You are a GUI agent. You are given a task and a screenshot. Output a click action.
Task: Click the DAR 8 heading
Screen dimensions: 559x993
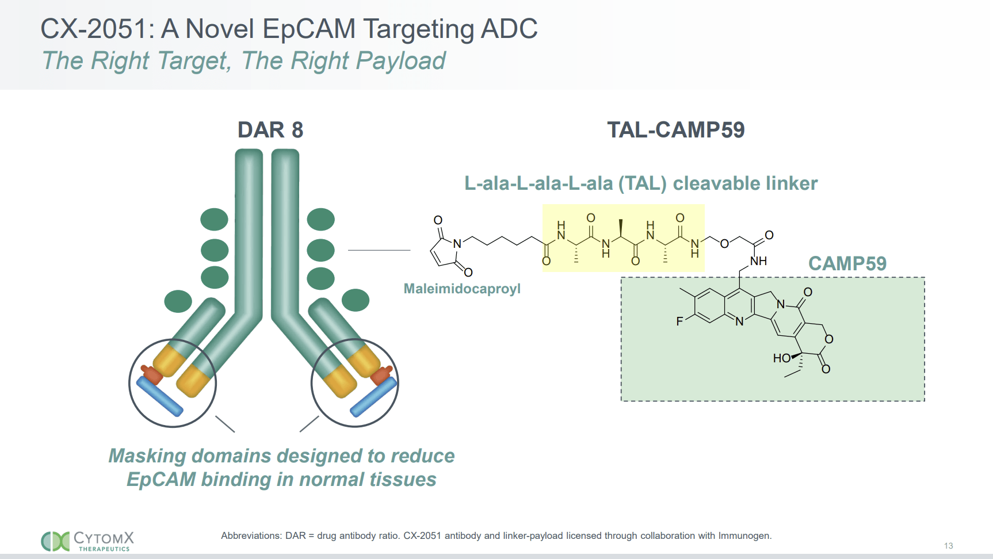(x=270, y=130)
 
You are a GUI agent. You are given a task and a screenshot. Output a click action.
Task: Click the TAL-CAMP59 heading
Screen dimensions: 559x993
(x=675, y=130)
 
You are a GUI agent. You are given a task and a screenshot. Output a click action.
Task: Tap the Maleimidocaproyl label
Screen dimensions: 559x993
(x=461, y=289)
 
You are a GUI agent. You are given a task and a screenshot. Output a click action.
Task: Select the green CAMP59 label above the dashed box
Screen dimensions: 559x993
(x=847, y=263)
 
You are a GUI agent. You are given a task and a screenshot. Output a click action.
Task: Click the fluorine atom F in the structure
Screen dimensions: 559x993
(x=679, y=321)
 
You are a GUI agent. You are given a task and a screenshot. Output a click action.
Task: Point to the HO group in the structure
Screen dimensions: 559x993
(x=781, y=358)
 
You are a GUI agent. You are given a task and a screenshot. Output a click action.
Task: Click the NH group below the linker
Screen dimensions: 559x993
(x=759, y=261)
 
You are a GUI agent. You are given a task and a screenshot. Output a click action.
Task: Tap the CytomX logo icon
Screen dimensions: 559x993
(x=55, y=541)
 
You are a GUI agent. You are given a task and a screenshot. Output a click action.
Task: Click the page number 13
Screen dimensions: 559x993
(x=948, y=546)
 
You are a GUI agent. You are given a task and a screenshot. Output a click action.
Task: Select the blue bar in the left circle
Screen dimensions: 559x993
(x=159, y=396)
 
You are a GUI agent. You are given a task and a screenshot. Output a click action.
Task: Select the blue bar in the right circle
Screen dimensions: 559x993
(x=373, y=396)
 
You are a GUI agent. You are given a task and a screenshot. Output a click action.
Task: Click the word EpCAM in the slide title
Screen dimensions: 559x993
(x=309, y=29)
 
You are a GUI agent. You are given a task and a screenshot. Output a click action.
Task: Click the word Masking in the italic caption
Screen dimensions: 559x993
(x=147, y=455)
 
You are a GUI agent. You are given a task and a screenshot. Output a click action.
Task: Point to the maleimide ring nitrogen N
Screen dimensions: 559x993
(x=457, y=244)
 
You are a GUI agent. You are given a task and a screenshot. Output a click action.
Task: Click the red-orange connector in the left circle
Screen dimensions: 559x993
(x=152, y=375)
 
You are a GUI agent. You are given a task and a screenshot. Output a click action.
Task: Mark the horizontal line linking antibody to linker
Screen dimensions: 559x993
(x=379, y=250)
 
